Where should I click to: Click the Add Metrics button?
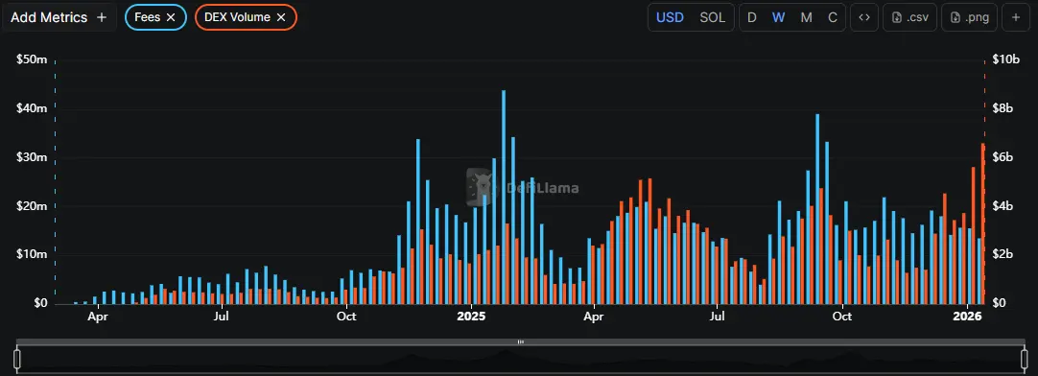click(x=59, y=17)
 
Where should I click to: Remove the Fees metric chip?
click(x=171, y=17)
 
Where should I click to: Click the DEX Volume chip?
click(x=237, y=17)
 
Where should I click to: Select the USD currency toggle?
click(x=670, y=17)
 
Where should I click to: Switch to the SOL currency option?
click(x=713, y=17)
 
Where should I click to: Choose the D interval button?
click(x=752, y=17)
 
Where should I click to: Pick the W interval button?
click(x=779, y=17)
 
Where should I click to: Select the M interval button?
click(x=806, y=17)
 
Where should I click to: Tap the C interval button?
click(x=832, y=17)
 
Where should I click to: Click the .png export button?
click(x=970, y=17)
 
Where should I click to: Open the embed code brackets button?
click(x=864, y=17)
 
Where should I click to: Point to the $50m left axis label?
click(x=32, y=59)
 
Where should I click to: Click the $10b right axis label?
click(x=1005, y=59)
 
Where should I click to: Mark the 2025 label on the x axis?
click(x=471, y=316)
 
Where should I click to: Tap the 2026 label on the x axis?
click(x=966, y=316)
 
